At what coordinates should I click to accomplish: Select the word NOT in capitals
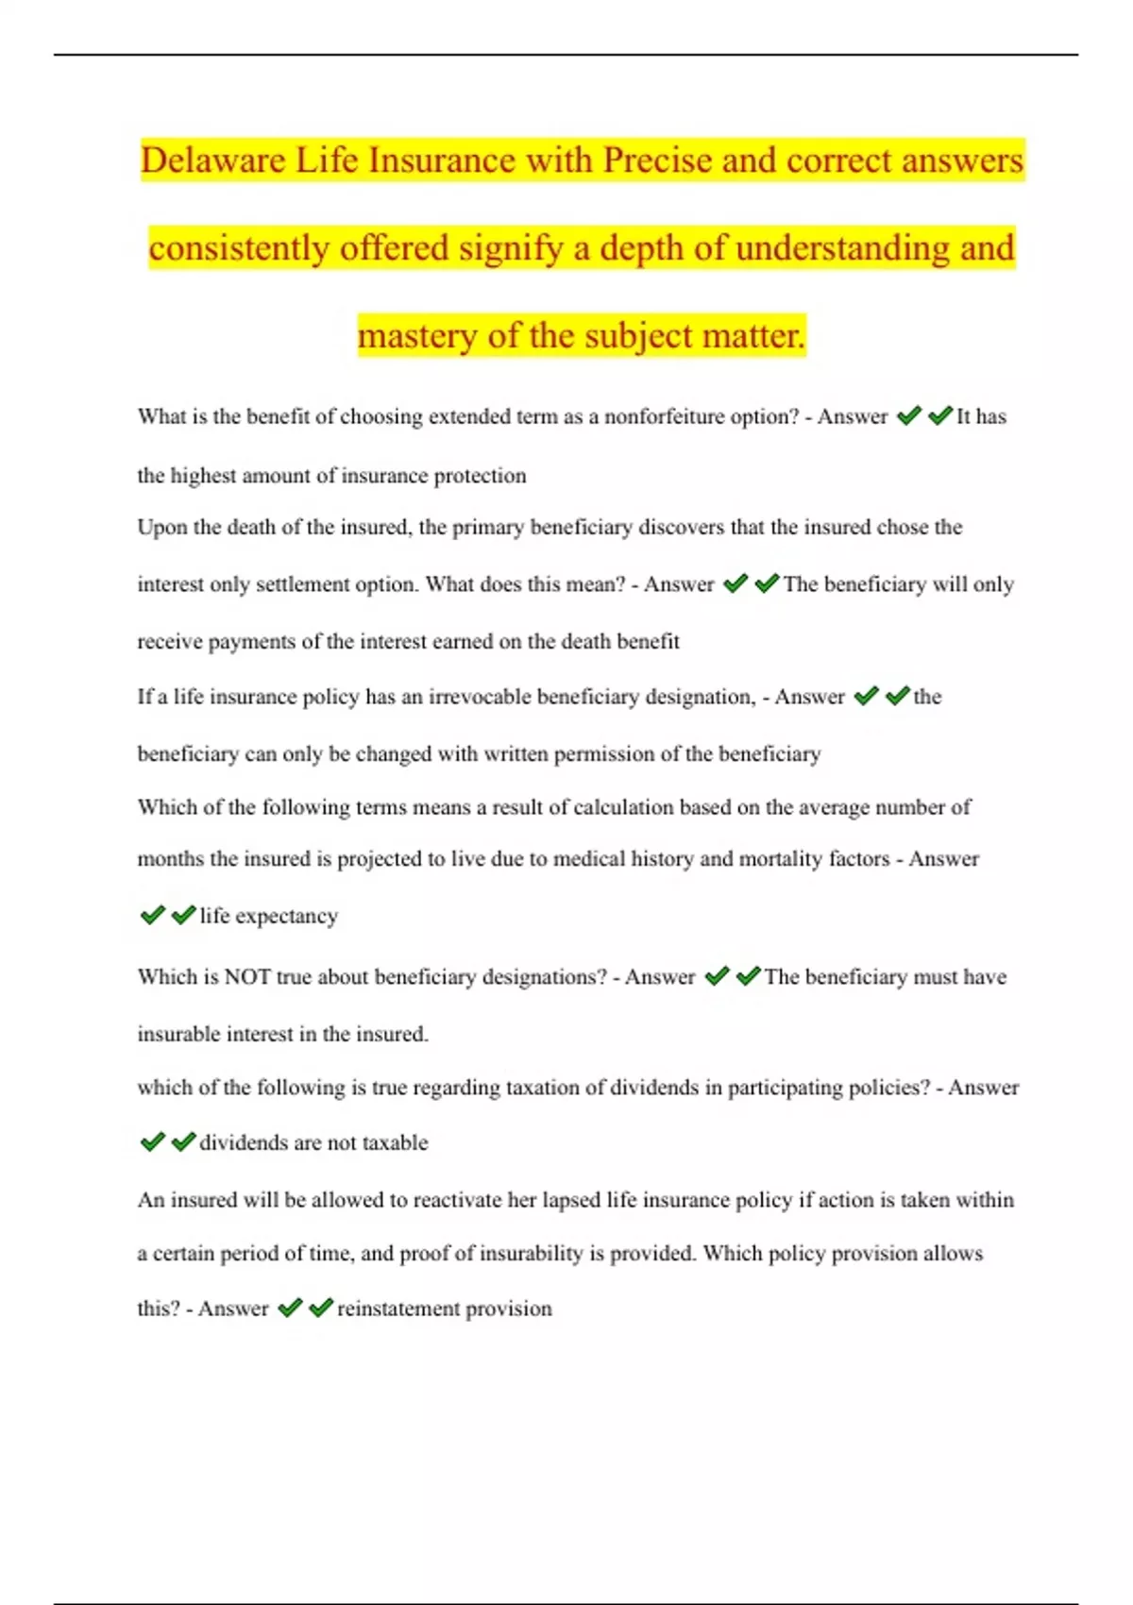click(x=247, y=976)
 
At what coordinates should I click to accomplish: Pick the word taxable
click(x=395, y=1142)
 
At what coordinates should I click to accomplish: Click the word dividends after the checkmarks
click(x=243, y=1142)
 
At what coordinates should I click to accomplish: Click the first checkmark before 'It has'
click(x=908, y=416)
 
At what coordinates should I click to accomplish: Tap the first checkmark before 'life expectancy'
click(x=152, y=915)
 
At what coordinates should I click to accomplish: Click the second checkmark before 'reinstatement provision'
click(x=321, y=1308)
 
